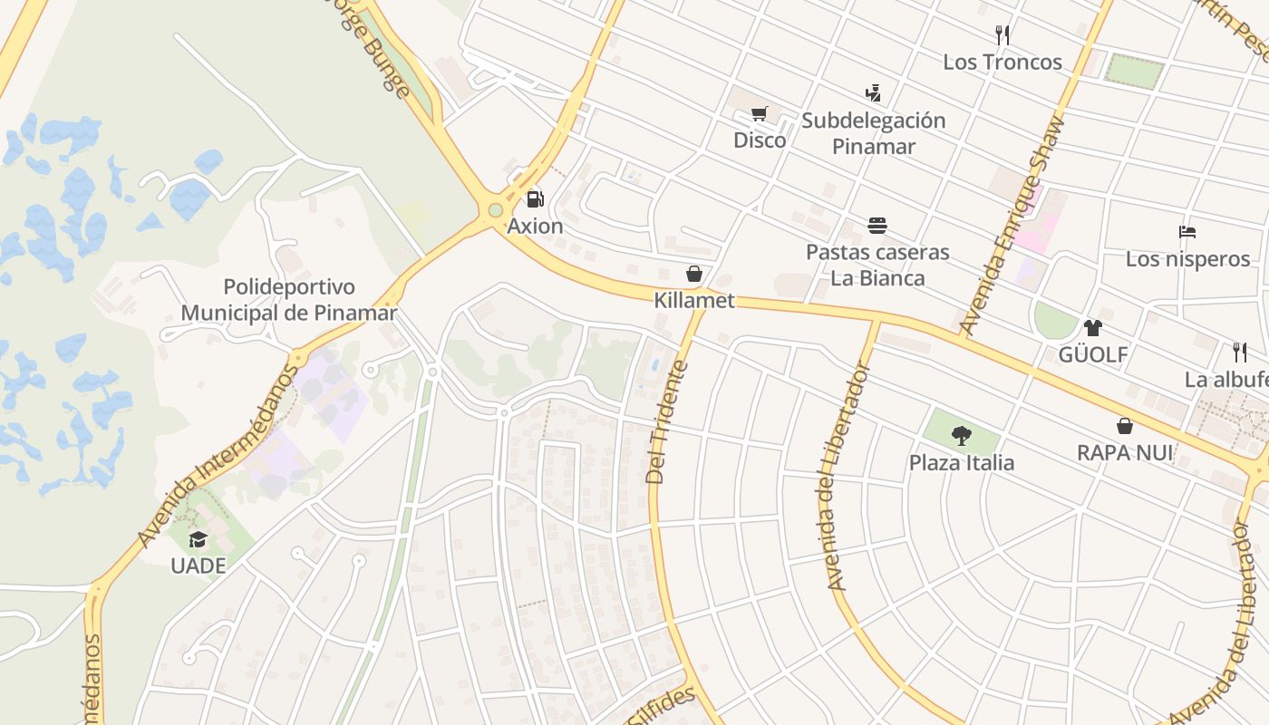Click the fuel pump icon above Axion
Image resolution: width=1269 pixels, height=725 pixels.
[536, 198]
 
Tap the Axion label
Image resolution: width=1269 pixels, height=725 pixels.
[535, 226]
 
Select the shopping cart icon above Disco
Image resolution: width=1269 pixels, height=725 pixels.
[759, 114]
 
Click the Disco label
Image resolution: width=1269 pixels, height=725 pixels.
[760, 140]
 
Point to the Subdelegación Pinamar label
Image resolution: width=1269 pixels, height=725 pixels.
[874, 133]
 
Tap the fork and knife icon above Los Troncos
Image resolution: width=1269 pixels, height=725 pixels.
[1003, 35]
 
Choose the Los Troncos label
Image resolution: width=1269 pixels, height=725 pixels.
[1003, 62]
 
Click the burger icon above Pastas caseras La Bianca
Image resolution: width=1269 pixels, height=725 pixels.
[877, 225]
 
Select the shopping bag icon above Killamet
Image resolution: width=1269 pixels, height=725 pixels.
[694, 274]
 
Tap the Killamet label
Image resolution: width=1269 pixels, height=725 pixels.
[694, 300]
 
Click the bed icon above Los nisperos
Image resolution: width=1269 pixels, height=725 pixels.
[1187, 232]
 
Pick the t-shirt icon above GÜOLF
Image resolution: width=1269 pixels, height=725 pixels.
[1093, 328]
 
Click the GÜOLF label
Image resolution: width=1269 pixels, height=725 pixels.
[1093, 354]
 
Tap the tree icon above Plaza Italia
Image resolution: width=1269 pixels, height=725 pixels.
[962, 436]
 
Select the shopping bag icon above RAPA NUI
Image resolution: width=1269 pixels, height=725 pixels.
[1125, 426]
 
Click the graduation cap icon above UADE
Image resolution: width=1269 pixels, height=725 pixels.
[198, 540]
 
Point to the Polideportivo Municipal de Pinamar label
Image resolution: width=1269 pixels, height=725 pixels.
[289, 300]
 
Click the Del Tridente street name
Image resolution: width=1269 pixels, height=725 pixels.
[669, 422]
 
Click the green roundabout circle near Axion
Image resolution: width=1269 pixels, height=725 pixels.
[495, 210]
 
